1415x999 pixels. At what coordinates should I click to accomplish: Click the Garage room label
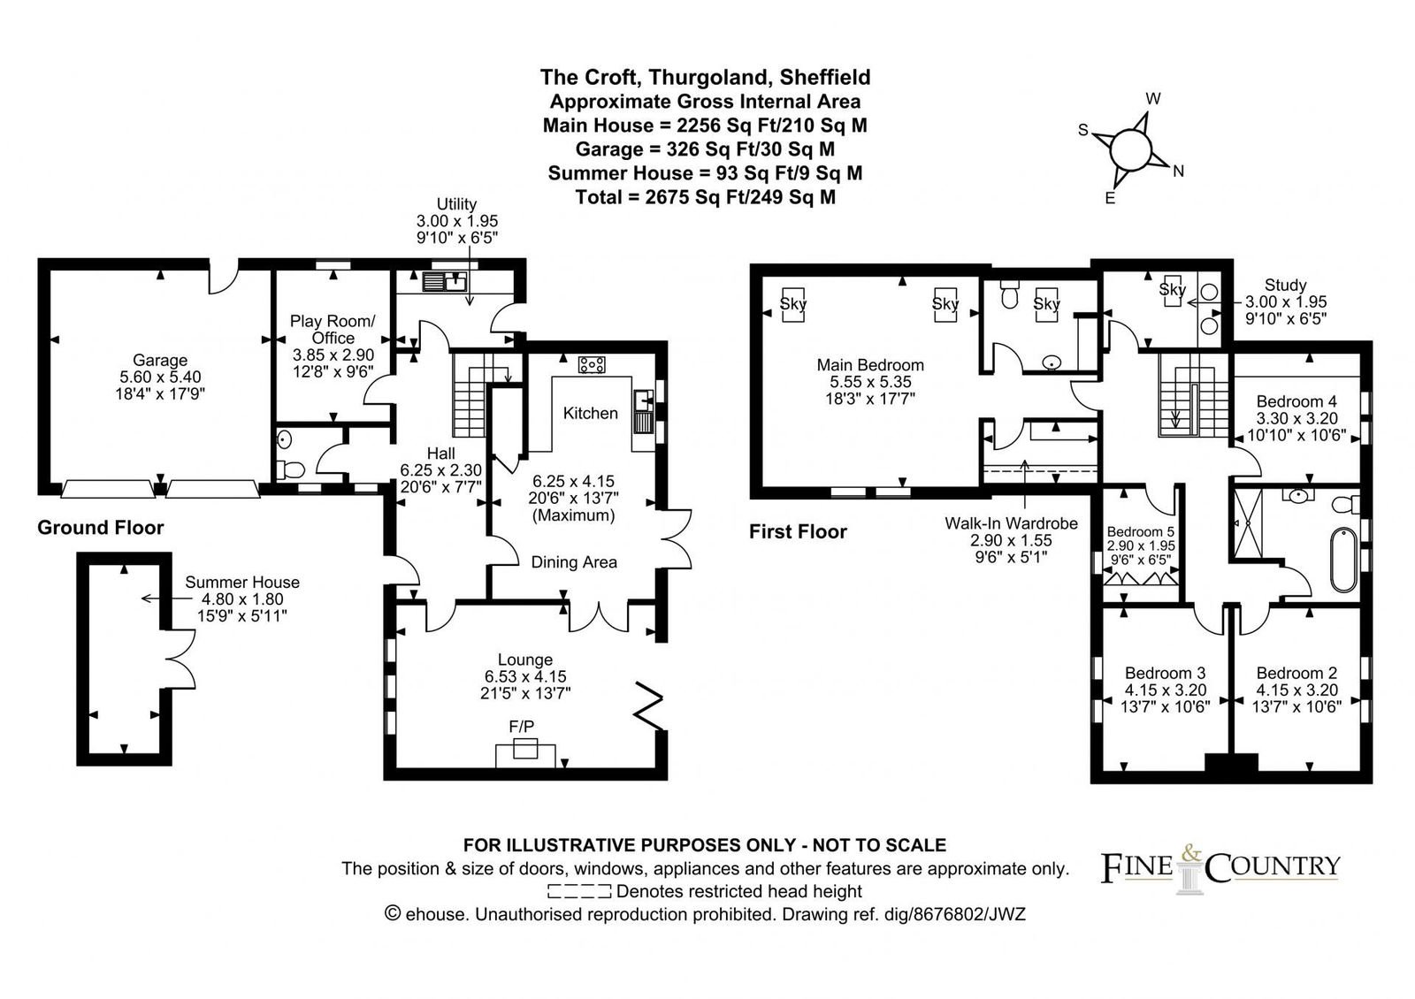160,360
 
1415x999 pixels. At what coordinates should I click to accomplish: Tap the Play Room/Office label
333,329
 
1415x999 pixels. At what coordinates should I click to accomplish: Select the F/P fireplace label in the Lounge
521,726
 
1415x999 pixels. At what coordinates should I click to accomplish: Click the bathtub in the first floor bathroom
1343,560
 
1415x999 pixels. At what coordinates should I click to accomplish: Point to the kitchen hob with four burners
592,364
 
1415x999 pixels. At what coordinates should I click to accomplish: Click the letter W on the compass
1153,98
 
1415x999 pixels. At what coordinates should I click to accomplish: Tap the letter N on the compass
1178,172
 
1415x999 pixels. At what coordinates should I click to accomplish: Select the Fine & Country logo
1220,868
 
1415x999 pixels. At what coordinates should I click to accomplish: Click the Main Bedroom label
870,364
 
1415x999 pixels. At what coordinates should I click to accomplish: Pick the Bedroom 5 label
1140,531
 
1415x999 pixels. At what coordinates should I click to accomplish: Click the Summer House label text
242,582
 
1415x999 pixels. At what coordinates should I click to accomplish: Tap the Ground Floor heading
101,527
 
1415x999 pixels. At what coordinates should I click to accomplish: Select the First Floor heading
798,531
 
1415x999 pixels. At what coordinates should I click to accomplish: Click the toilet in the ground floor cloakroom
291,469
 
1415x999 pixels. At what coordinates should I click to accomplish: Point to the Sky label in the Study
1173,289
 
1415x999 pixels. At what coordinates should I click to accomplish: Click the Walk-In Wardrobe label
1011,522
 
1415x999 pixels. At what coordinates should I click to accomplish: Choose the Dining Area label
574,562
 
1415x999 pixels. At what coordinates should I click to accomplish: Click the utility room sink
445,282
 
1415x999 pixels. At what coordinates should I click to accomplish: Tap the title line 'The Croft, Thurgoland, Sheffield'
705,77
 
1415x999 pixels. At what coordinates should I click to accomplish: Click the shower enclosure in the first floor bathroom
1248,523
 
